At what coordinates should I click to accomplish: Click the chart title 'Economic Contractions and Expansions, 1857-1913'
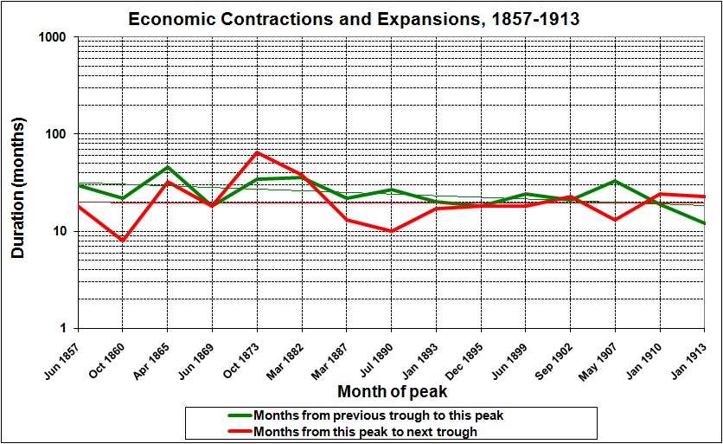361,18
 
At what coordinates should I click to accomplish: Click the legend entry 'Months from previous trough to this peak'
377,415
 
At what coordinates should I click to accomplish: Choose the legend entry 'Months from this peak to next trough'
365,430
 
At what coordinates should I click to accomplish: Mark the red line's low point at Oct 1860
122,241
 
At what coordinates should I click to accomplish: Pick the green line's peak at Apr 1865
167,167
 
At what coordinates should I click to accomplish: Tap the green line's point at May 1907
615,181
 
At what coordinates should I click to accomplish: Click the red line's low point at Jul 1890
392,231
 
